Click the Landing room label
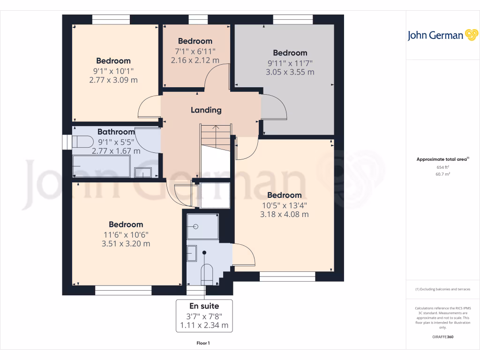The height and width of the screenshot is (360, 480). pos(206,110)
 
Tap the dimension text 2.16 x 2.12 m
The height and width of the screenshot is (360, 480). pos(195,60)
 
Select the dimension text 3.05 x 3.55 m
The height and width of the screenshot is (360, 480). pos(290,72)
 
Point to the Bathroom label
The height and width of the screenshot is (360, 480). pos(116,132)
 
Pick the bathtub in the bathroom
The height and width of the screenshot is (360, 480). pos(101,166)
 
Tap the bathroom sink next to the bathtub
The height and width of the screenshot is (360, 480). pos(143,172)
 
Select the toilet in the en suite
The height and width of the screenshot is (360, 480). pos(206,274)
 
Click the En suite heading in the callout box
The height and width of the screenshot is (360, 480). pos(204,306)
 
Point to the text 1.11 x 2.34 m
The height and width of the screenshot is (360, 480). pos(204,325)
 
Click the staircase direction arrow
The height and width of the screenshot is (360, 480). pos(215,127)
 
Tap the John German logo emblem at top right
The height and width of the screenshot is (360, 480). pos(471,35)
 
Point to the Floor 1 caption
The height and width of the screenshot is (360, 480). pos(203,344)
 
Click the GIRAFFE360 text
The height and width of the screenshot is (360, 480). pos(443,337)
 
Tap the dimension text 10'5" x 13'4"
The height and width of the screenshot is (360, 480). pos(285,205)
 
